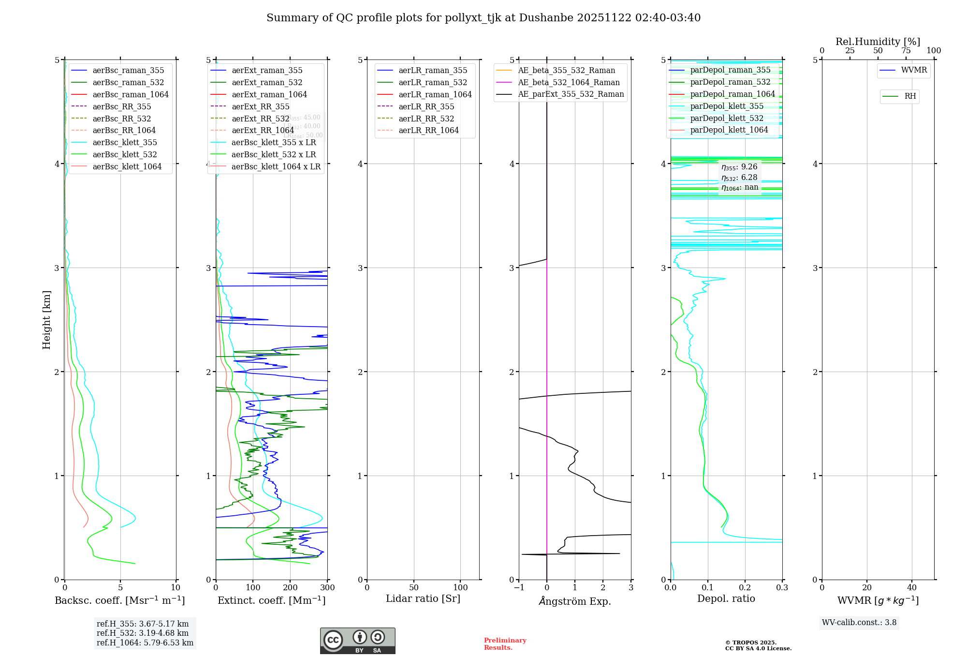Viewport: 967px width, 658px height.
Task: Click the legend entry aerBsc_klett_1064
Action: tap(127, 166)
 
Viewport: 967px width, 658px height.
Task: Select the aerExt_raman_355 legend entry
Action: tap(267, 71)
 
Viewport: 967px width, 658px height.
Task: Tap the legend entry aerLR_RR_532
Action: tap(426, 119)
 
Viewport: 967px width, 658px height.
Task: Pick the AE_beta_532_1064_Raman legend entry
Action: tap(569, 82)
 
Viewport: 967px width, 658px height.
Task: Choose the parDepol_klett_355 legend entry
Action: tap(727, 106)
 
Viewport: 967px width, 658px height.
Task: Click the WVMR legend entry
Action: tap(914, 70)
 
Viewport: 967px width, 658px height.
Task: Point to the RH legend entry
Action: tap(910, 96)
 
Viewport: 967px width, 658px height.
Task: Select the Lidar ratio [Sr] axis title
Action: tap(423, 598)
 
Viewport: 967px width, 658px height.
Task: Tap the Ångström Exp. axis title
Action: tap(575, 601)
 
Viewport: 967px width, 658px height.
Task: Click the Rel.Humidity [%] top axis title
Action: tap(878, 42)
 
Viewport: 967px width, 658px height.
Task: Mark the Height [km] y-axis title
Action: tap(46, 320)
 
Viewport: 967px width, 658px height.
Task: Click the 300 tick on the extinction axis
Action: tap(328, 587)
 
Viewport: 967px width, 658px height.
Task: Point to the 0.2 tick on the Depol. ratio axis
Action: tap(745, 587)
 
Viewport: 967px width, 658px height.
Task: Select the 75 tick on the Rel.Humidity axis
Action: tap(906, 51)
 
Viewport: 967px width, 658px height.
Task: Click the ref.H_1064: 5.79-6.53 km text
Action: tap(145, 643)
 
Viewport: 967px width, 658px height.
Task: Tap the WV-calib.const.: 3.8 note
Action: tap(859, 623)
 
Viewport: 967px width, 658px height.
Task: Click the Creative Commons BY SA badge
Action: tap(357, 641)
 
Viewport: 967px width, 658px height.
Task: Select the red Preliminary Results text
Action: tap(505, 644)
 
